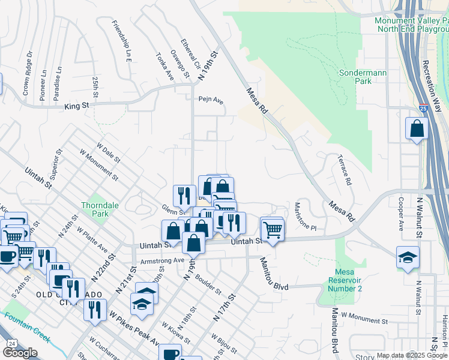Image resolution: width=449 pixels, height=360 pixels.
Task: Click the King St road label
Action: (76, 106)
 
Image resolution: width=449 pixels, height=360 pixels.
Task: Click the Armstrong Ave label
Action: (161, 260)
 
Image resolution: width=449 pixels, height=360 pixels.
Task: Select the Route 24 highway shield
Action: (11, 343)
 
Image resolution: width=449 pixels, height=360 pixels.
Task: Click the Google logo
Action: (20, 353)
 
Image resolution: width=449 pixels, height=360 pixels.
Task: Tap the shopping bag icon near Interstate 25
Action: (417, 129)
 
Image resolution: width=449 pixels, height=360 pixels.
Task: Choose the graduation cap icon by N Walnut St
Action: (408, 257)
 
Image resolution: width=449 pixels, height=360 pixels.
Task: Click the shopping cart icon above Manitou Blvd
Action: (273, 229)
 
